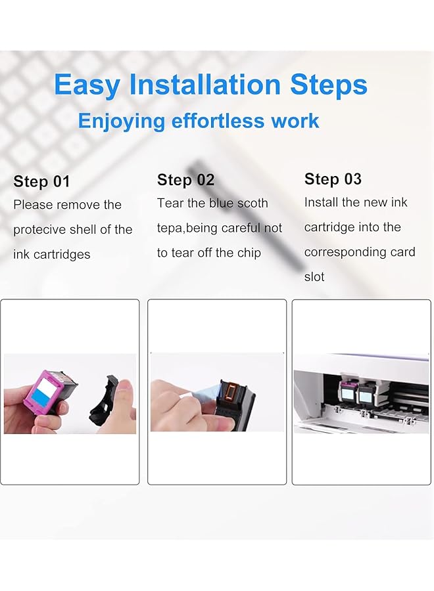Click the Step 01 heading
(41, 182)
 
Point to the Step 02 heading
(185, 180)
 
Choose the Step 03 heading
(333, 179)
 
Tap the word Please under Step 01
(33, 205)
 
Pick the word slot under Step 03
(314, 277)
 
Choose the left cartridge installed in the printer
(347, 393)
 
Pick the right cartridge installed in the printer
(366, 395)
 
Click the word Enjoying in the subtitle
(121, 121)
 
